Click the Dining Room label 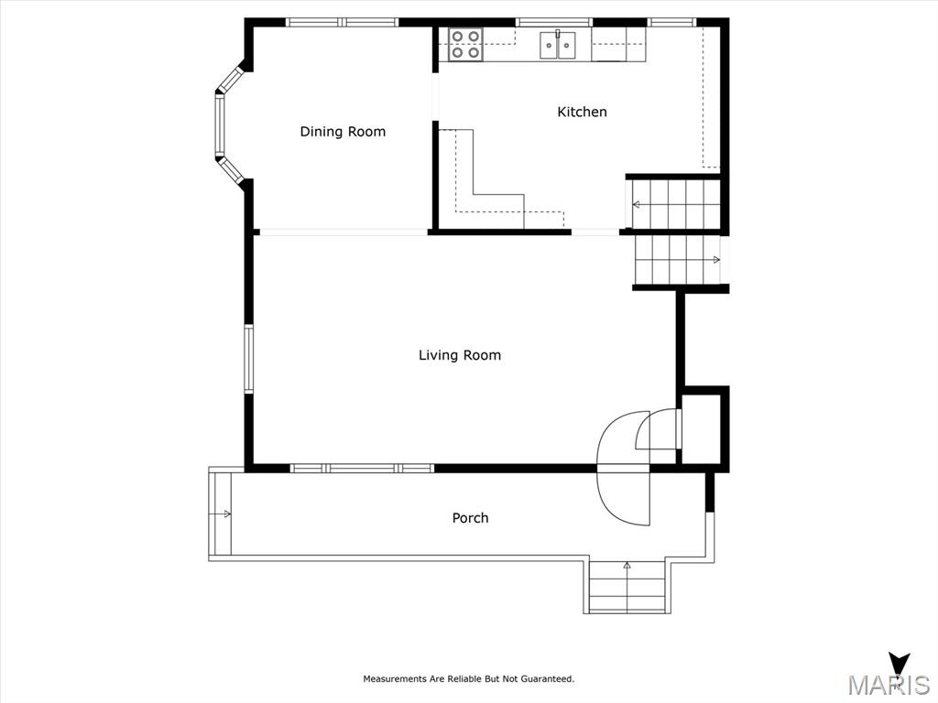[x=343, y=132]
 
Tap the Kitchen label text [x=582, y=112]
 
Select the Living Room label [x=460, y=355]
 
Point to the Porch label [x=470, y=518]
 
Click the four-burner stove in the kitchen [x=466, y=45]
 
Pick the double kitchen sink [x=558, y=45]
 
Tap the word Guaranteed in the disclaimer [x=547, y=679]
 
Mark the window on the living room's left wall [x=248, y=359]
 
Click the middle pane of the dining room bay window [x=220, y=125]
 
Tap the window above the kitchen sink [x=554, y=23]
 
